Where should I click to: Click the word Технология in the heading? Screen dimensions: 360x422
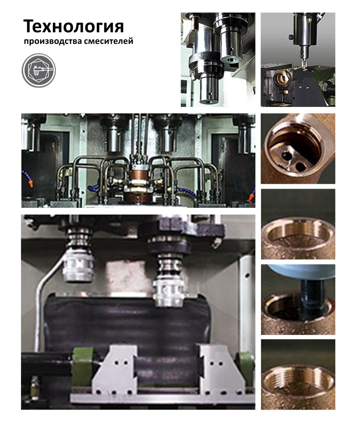click(73, 27)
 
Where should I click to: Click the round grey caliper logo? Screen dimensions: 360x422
click(39, 70)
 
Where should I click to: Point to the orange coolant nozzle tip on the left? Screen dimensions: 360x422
click(31, 184)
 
